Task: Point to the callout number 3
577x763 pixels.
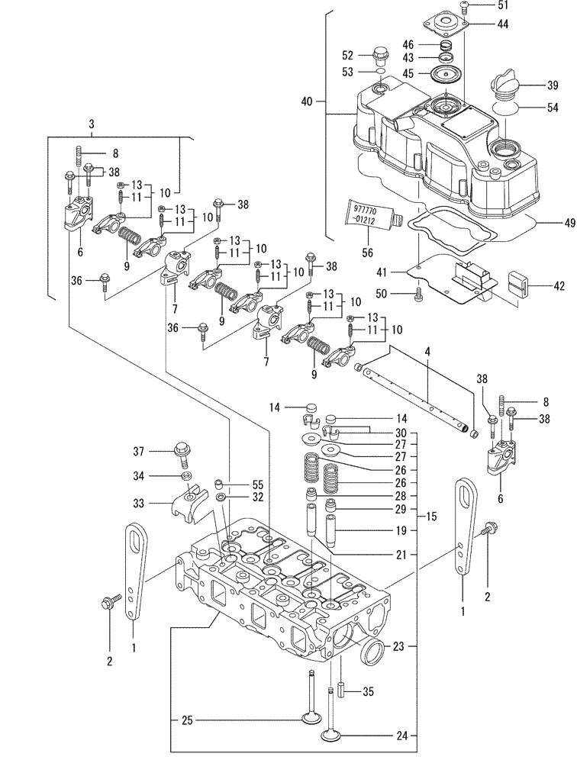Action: tap(92, 124)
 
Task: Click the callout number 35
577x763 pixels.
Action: tap(368, 694)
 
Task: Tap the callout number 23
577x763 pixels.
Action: tap(398, 646)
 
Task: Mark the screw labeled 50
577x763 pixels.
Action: tap(417, 293)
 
